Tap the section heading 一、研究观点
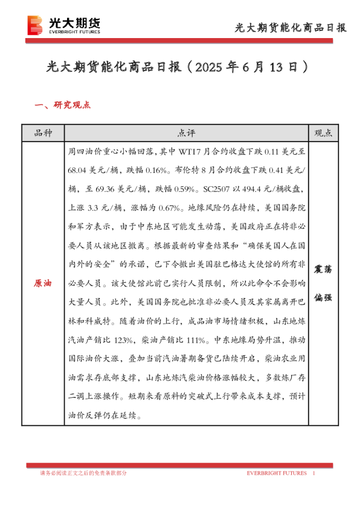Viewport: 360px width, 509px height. coord(63,106)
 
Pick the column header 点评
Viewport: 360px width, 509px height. coord(185,133)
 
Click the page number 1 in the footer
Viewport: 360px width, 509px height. coord(313,473)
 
